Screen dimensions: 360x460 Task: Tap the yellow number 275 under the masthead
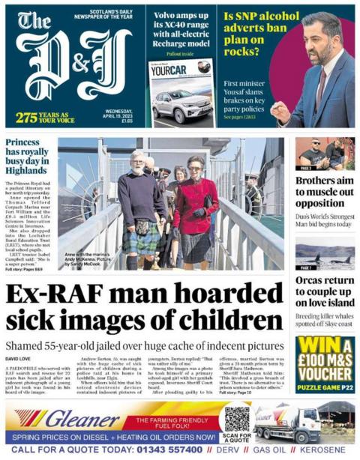(26, 118)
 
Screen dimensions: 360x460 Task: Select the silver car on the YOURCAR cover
(182, 104)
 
